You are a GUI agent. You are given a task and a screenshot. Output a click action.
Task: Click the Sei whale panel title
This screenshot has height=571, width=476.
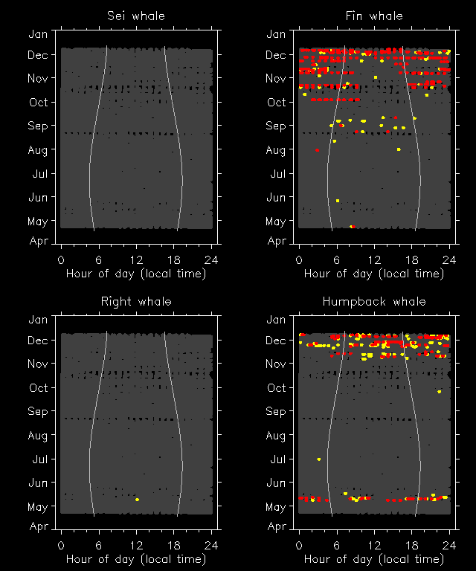[136, 16]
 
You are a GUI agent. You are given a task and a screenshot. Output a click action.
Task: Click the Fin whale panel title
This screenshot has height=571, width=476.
[374, 16]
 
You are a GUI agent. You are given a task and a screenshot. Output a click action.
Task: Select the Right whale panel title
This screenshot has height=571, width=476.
[136, 301]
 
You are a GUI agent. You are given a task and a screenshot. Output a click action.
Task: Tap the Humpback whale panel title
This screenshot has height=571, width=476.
[374, 301]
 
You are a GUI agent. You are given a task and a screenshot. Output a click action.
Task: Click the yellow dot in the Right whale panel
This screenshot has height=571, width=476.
[138, 500]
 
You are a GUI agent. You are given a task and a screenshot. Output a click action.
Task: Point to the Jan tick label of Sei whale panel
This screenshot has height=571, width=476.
[38, 34]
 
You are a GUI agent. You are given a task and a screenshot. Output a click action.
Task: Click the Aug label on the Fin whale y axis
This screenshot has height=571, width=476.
[276, 150]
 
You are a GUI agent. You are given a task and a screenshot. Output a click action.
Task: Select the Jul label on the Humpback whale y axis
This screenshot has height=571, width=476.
[276, 459]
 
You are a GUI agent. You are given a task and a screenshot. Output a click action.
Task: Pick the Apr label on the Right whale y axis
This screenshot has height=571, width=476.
[38, 526]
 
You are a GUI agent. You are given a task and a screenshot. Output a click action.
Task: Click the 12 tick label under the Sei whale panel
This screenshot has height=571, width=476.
[136, 259]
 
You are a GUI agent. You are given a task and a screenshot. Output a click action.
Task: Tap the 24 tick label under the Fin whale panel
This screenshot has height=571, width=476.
[449, 259]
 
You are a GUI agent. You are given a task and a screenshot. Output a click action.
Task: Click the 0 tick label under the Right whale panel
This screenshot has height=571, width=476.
[61, 545]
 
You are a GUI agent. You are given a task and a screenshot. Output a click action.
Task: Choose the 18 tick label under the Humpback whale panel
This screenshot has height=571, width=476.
[412, 545]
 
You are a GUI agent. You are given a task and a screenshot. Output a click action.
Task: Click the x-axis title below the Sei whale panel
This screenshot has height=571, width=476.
[136, 274]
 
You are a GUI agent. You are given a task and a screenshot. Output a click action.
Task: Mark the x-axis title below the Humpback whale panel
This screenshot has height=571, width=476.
[374, 559]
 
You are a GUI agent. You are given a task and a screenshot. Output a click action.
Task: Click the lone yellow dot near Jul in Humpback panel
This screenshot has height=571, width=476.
[319, 459]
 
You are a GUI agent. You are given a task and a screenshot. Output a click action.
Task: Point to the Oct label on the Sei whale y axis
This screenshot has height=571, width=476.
[38, 103]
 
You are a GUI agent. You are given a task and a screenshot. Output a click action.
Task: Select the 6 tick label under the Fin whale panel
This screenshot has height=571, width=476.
[337, 259]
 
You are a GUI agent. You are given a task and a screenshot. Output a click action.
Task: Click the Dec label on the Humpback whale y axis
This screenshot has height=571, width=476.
[276, 341]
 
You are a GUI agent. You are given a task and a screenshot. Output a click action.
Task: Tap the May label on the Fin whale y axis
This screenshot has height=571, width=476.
[276, 222]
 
